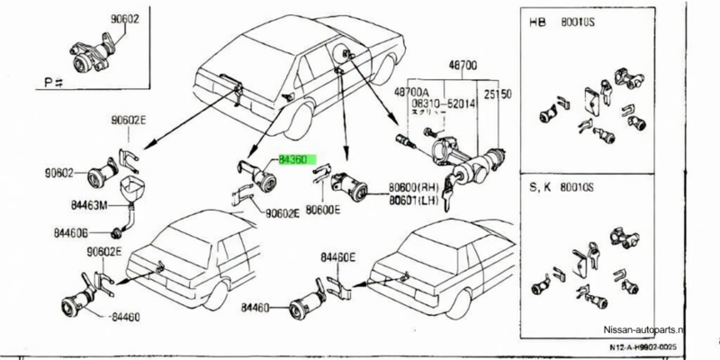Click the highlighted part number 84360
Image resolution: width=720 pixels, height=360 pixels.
293,159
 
